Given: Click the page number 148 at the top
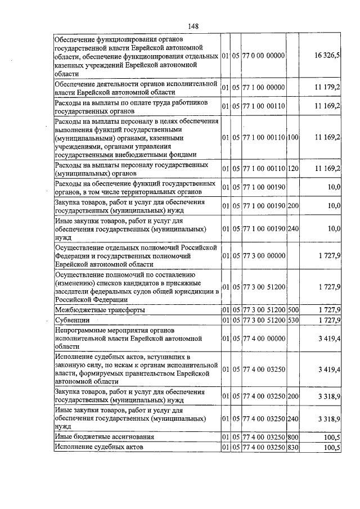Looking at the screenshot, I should (x=193, y=25).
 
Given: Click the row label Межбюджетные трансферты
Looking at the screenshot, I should (x=99, y=310).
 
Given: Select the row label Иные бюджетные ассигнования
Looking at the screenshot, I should (x=104, y=436).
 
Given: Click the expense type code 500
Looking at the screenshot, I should (x=292, y=310).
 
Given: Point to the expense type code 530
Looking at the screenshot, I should (x=292, y=320).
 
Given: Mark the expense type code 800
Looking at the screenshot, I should (x=292, y=436).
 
